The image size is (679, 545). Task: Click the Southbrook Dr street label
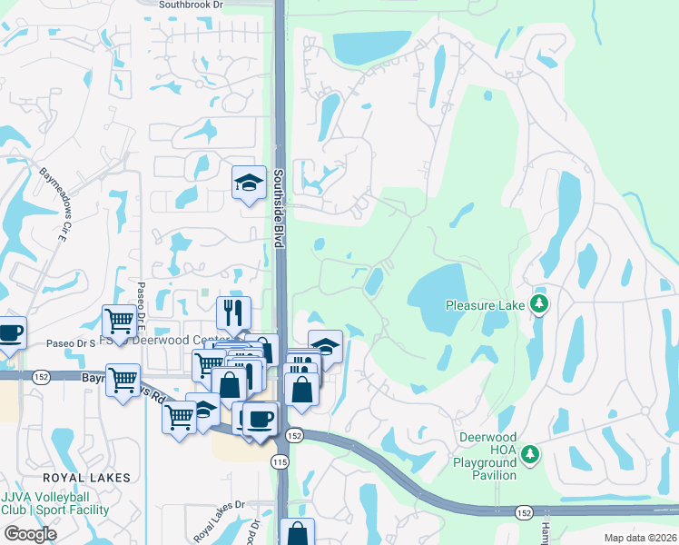(x=190, y=5)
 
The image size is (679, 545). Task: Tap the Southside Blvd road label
(x=280, y=208)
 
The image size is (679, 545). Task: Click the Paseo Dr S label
(x=72, y=343)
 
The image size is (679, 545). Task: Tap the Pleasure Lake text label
(x=486, y=305)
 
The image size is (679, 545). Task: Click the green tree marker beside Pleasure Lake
(x=539, y=302)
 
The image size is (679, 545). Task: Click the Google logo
(x=30, y=534)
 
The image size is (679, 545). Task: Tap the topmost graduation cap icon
(x=248, y=183)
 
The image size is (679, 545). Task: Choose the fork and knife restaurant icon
(x=233, y=312)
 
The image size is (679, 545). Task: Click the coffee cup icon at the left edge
(x=10, y=332)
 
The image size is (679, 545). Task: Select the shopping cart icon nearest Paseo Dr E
(x=119, y=321)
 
